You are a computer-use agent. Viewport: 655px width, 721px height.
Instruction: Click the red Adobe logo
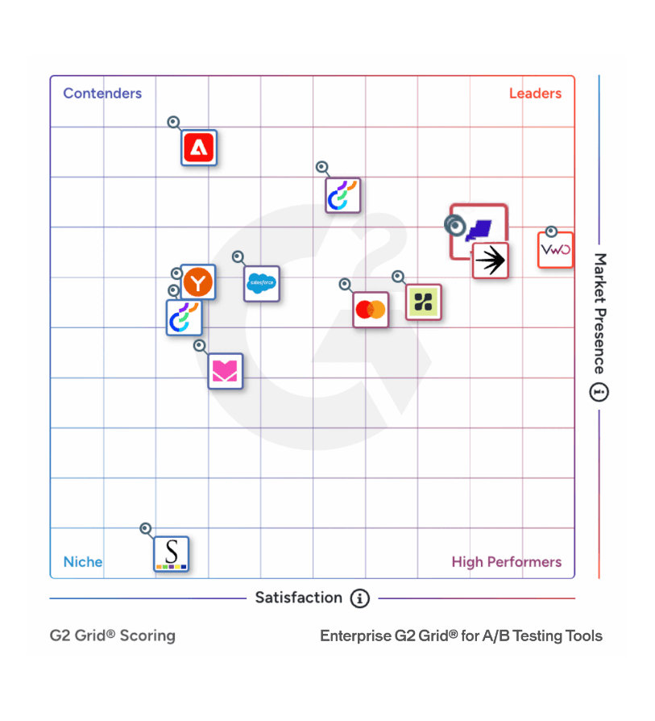click(199, 148)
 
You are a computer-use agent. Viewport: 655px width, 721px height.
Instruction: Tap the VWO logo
click(555, 250)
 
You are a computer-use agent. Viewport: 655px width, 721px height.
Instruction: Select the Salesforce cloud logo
click(262, 283)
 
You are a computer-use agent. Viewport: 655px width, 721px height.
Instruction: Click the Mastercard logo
click(371, 309)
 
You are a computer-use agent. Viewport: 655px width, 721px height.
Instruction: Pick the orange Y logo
click(197, 282)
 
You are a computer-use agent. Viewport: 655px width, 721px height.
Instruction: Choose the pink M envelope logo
click(225, 371)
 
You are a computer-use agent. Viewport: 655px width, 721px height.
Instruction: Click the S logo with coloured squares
click(171, 554)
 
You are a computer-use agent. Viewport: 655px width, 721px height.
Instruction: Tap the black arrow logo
click(490, 260)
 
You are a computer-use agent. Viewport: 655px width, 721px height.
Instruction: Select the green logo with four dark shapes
click(423, 302)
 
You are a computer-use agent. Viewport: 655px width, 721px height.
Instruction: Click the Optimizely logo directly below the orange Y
click(184, 318)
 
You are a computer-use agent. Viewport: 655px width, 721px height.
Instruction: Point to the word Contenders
click(102, 94)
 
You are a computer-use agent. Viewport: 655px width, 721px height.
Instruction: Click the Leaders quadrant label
click(535, 94)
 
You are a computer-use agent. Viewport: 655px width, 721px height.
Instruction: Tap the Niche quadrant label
click(83, 562)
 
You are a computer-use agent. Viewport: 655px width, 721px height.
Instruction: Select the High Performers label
click(506, 562)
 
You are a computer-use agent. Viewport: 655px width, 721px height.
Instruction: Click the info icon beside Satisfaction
click(359, 598)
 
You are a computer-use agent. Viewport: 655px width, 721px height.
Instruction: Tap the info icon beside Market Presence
click(599, 393)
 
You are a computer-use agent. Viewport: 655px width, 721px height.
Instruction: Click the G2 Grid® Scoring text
click(113, 636)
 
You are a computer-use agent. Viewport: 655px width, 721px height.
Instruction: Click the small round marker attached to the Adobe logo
click(173, 123)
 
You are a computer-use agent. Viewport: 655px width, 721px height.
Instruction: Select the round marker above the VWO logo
click(551, 231)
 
